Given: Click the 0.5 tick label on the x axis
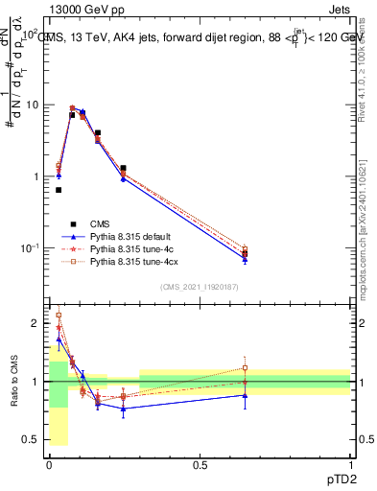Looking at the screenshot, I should pos(200,465).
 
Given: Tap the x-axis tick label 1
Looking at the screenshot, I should pos(350,465).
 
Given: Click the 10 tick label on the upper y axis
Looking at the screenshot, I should pos(32,105).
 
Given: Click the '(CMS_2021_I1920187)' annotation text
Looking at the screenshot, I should pos(199,287).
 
